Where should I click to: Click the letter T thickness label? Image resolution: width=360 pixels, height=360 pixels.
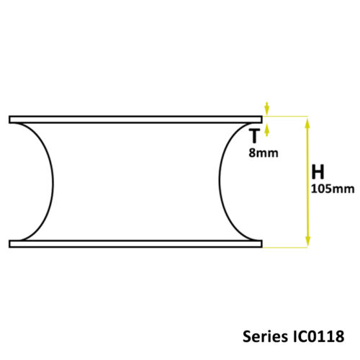(253, 135)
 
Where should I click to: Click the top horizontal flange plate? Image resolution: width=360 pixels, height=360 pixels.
(135, 118)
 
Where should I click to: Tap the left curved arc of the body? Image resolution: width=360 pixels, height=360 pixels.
(50, 180)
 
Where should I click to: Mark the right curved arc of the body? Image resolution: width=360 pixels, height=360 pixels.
(220, 180)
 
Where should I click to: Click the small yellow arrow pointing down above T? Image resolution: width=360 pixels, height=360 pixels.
(268, 109)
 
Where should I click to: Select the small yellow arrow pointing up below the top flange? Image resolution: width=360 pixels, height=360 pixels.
(268, 129)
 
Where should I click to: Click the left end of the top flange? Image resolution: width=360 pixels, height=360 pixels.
(11, 118)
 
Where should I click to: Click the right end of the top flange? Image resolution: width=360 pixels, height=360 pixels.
(260, 118)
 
